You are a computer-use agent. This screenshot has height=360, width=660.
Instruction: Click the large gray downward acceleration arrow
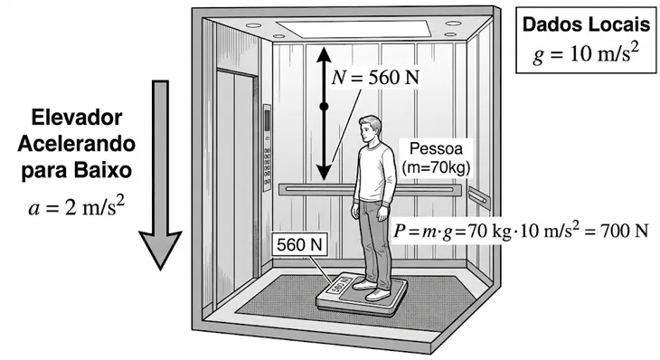point(160,175)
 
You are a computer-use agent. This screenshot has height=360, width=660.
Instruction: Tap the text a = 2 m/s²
point(77,207)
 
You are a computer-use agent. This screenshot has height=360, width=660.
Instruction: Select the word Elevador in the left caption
point(77,118)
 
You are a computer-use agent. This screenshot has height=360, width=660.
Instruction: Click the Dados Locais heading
point(586,24)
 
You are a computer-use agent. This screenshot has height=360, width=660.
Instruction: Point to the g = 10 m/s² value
point(586,53)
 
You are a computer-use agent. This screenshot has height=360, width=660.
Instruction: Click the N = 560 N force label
point(375,78)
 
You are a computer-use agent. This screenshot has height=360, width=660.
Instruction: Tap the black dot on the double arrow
point(324,107)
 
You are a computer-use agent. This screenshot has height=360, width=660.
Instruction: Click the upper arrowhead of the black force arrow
point(324,55)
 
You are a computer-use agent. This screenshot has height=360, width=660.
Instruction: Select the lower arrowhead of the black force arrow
point(324,173)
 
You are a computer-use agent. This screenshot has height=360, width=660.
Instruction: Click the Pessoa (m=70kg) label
point(436,158)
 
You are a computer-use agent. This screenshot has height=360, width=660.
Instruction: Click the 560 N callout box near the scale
point(299,244)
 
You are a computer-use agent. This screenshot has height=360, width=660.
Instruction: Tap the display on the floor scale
point(339,285)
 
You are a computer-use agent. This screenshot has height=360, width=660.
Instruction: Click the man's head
point(370,128)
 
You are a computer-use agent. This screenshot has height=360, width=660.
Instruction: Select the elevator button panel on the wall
point(267,147)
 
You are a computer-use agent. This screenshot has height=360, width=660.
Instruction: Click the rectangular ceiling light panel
point(354,29)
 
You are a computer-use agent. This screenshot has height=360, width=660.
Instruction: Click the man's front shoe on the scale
point(378,295)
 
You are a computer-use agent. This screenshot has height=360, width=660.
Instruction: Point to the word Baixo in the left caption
point(104,171)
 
